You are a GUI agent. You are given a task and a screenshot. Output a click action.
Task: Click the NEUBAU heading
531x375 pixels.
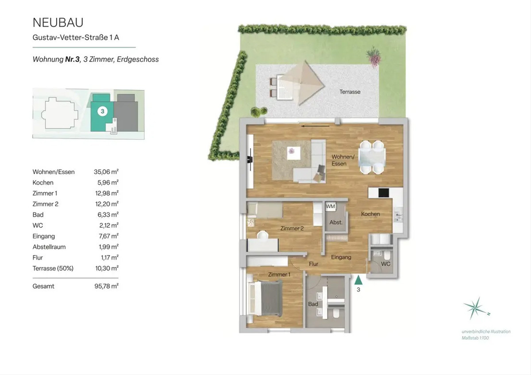click(58, 23)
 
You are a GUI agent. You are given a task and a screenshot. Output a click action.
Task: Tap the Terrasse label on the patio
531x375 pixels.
click(350, 92)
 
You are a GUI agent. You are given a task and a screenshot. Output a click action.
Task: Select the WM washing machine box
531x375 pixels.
click(330, 207)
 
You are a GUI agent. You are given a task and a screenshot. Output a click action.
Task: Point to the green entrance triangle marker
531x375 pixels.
click(358, 280)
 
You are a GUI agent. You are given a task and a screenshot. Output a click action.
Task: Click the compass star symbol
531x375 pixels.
click(475, 308)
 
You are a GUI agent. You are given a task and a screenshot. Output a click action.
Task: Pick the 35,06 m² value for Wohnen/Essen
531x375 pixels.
click(106, 172)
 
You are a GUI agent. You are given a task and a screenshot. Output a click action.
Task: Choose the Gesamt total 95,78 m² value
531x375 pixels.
click(107, 286)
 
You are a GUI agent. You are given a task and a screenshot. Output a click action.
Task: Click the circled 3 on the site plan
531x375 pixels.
click(102, 111)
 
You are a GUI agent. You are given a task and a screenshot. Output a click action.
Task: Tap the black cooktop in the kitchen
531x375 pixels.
click(384, 193)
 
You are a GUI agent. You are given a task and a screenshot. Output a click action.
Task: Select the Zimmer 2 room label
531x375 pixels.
click(292, 228)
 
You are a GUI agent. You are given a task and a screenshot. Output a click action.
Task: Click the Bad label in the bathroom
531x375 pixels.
click(313, 304)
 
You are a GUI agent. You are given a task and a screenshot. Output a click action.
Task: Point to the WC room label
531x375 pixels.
click(386, 264)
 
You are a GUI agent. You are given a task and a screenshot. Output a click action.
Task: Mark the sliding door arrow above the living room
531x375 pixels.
click(315, 126)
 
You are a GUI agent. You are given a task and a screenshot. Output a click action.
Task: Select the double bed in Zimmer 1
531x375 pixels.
click(265, 299)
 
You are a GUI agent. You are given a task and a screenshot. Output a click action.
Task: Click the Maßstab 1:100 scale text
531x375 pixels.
click(475, 338)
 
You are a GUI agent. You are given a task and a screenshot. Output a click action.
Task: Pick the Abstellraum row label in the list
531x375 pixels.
click(49, 247)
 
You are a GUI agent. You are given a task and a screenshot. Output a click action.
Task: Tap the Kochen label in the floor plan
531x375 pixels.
click(370, 214)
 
